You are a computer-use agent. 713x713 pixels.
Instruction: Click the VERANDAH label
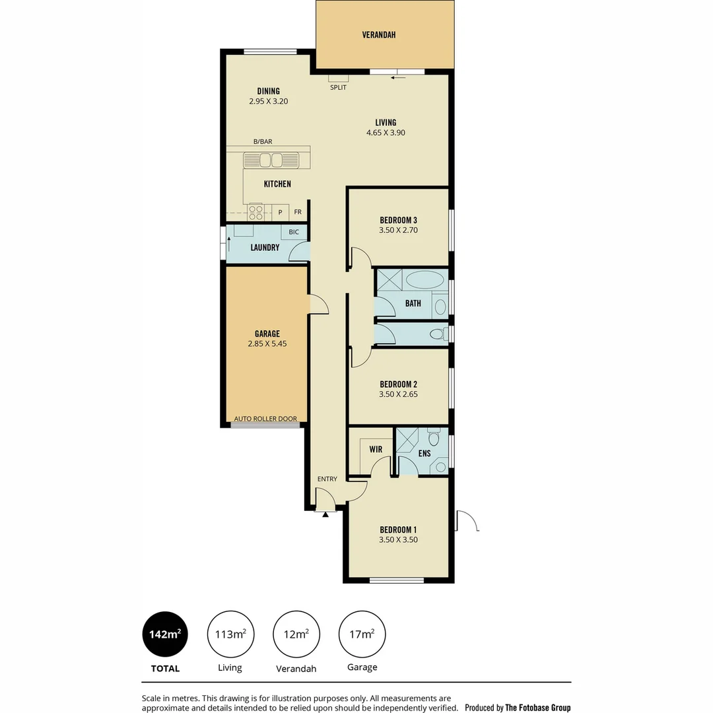coord(379,35)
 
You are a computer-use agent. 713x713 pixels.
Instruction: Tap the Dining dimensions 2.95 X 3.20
coord(269,102)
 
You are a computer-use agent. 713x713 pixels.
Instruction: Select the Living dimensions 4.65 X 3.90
coord(386,133)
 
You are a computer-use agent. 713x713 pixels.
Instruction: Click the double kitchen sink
coord(271,160)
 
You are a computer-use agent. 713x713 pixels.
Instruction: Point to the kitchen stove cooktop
coord(255,212)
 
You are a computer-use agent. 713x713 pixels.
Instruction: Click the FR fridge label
coord(298,212)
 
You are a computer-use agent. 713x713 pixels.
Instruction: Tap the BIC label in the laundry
coord(294,232)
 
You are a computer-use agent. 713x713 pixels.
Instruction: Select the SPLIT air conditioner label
coord(338,87)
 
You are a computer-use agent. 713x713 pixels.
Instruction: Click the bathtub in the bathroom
coord(424,279)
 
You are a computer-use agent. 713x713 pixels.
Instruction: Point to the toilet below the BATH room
coord(437,335)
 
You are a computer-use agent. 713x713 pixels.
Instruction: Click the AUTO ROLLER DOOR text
coord(265,419)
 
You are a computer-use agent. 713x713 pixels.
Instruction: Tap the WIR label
coord(376,450)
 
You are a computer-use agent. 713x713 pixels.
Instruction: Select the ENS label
coord(424,454)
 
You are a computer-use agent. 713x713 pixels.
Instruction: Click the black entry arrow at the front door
coord(325,514)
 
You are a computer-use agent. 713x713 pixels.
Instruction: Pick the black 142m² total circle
coord(165,634)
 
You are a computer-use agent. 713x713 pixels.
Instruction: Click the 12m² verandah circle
coord(296,634)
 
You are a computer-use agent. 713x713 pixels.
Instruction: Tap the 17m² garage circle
coord(362,634)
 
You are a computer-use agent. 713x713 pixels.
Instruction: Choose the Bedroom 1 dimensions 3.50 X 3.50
coord(398,539)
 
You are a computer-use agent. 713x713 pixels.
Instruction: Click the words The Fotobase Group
coord(537,708)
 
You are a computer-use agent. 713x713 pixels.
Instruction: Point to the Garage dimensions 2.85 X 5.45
coord(267,344)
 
